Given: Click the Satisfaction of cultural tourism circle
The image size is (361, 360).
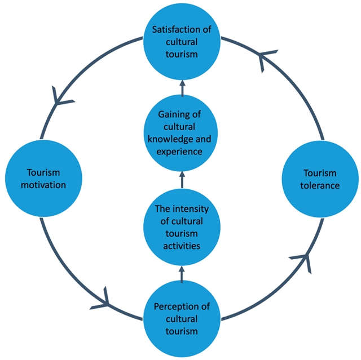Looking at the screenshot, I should [182, 41].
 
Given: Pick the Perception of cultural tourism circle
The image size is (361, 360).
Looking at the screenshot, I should [182, 318].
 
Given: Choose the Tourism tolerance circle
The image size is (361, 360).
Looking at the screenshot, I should [320, 179].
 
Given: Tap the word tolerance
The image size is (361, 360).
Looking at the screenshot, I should [320, 185].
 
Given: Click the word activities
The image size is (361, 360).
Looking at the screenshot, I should [182, 245].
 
